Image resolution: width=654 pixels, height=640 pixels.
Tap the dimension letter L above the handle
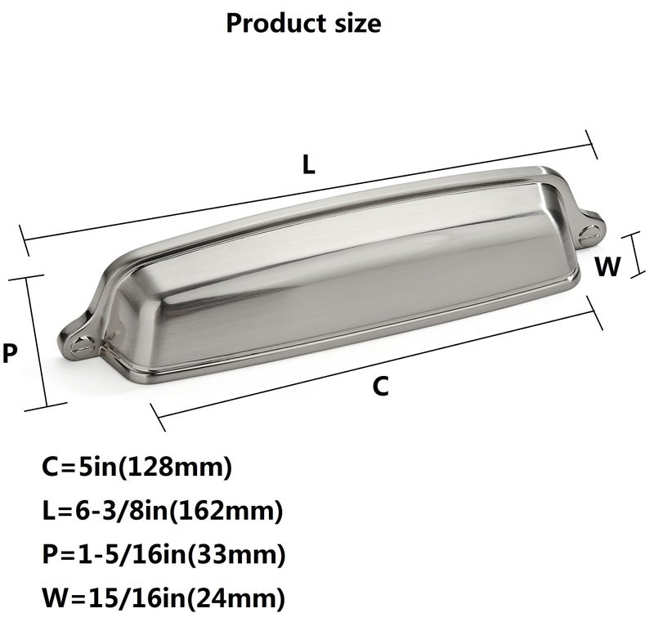pyautogui.click(x=309, y=164)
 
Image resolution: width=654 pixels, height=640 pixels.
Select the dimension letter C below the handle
pyautogui.click(x=380, y=386)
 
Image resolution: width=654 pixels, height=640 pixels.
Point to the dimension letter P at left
pyautogui.click(x=10, y=353)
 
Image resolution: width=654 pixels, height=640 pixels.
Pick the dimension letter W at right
pyautogui.click(x=607, y=266)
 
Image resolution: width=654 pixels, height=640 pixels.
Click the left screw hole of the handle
pyautogui.click(x=80, y=345)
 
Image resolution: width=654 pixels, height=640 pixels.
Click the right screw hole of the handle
pyautogui.click(x=590, y=234)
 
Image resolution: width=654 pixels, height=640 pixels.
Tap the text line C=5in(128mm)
pyautogui.click(x=137, y=468)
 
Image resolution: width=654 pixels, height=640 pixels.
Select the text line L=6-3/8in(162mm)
pyautogui.click(x=163, y=511)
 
